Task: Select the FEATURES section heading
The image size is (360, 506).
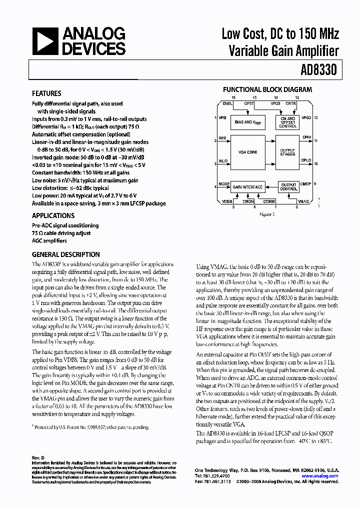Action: [46, 93]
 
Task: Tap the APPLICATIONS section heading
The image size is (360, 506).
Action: [53, 216]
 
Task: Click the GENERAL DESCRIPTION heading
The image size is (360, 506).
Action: [65, 254]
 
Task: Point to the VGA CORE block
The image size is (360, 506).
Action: [248, 152]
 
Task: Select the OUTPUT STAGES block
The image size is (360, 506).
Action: [287, 152]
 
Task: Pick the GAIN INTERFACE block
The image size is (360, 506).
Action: [247, 187]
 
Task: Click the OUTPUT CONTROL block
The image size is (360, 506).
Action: [288, 187]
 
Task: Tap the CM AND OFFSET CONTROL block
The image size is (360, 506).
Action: [287, 122]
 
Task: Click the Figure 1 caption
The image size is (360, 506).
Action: [267, 214]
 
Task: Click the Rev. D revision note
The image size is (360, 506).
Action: [38, 458]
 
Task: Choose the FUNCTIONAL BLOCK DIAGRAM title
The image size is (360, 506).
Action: [267, 90]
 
